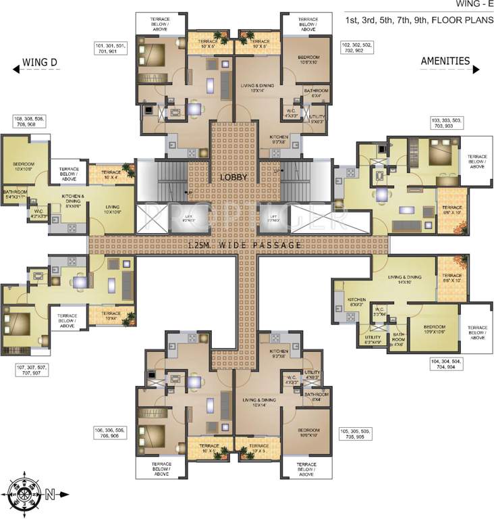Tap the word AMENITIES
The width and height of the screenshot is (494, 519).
coord(445,61)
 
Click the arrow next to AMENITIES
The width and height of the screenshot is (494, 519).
coord(476,69)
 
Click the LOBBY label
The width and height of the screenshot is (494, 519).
coord(233,177)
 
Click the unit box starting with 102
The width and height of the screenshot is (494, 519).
coord(358,47)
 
